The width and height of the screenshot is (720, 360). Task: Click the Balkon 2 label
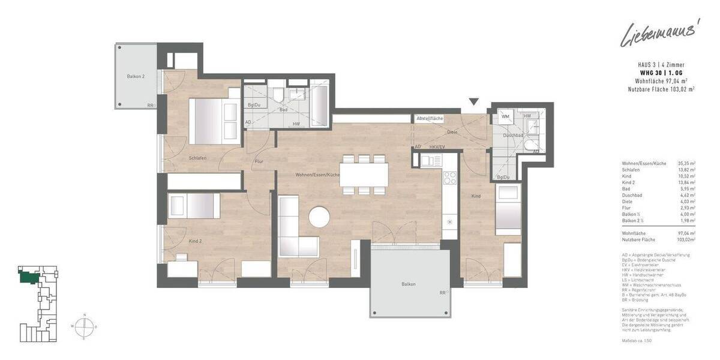tap(136, 77)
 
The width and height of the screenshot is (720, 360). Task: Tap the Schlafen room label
tap(197, 158)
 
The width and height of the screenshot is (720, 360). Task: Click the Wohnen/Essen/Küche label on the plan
tap(317, 175)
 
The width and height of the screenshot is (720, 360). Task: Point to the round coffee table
tap(320, 217)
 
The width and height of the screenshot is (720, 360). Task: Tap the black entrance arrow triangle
tap(475, 102)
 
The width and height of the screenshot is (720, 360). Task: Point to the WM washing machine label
tap(505, 116)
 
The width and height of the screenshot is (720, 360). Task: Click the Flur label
tap(259, 161)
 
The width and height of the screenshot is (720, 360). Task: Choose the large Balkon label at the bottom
tap(409, 284)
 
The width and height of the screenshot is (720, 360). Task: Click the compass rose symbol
tap(85, 326)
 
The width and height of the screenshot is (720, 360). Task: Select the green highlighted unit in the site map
tap(30, 276)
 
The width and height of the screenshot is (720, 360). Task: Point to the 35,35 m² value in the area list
tap(686, 163)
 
